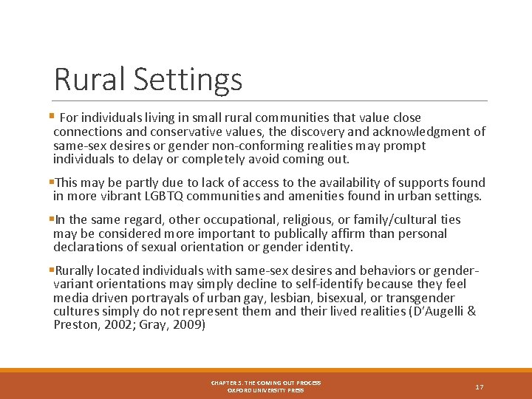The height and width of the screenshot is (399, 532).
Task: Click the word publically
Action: click(316, 233)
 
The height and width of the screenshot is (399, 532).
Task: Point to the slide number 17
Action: click(480, 386)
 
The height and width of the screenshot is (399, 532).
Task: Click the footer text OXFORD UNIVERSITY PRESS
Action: click(266, 390)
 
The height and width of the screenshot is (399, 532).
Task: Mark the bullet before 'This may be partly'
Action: click(53, 182)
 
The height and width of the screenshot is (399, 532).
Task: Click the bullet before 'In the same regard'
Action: click(53, 219)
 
